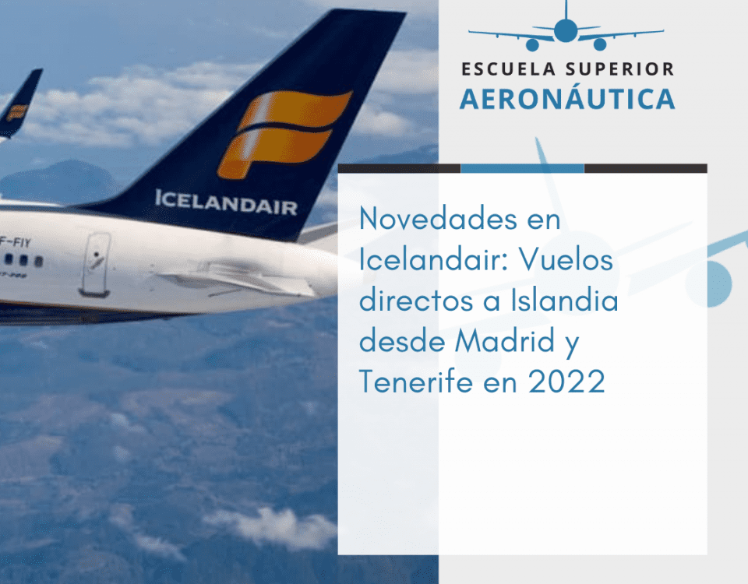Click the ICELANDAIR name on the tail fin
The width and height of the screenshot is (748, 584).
[226, 202]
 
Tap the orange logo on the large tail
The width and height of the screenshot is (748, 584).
[285, 133]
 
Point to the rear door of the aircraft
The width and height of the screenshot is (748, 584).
[95, 264]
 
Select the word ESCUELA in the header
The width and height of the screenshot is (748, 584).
[509, 69]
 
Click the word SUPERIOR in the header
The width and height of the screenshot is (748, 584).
[620, 69]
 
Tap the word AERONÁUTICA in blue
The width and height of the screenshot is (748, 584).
[567, 98]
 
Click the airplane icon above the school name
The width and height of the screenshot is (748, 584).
[566, 26]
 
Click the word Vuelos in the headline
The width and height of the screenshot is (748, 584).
[566, 260]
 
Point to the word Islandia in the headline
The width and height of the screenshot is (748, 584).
[564, 301]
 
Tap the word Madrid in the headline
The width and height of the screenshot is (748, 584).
[504, 341]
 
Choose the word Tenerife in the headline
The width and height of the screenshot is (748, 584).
[415, 382]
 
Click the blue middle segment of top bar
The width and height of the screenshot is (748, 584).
[522, 168]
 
